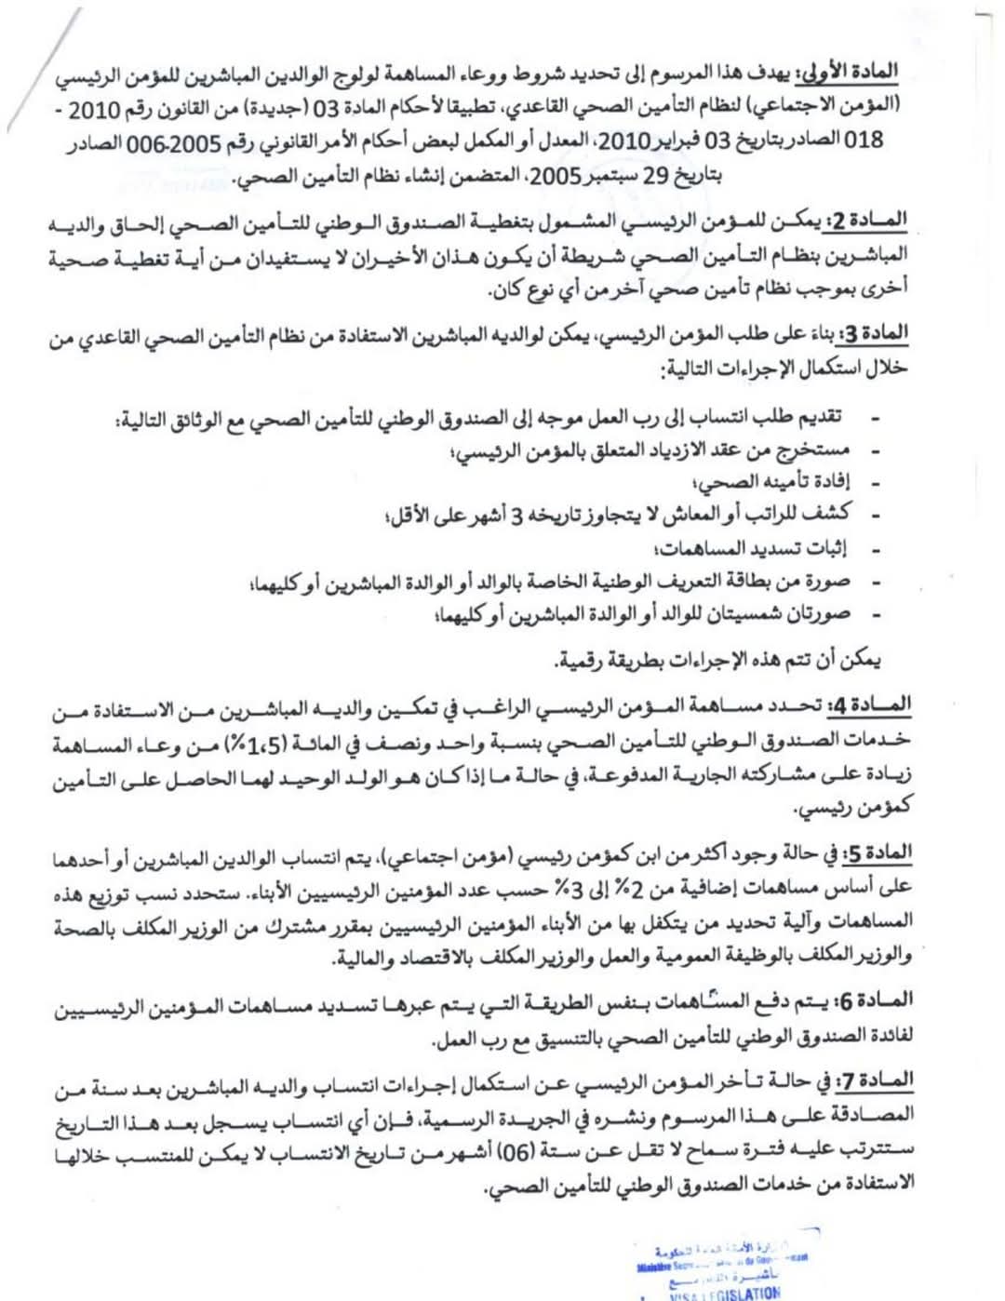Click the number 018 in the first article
[863, 140]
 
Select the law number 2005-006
[169, 143]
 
